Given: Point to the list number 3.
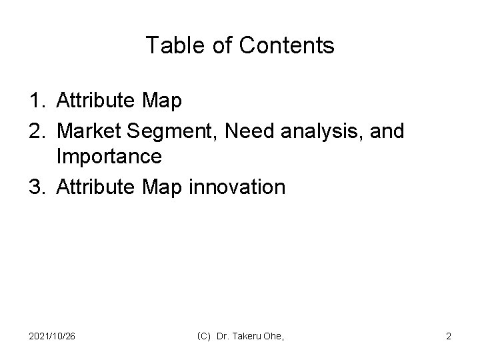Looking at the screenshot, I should (36, 187).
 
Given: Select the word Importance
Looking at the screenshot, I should (109, 158).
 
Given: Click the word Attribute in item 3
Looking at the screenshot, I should (97, 187).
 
